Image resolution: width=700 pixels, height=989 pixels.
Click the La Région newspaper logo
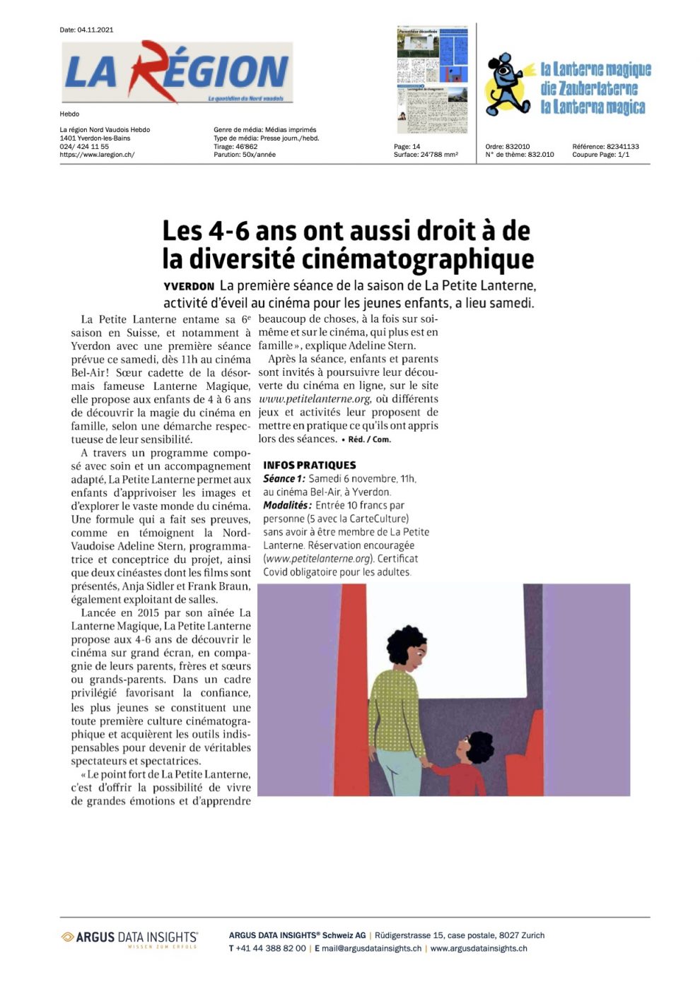pyautogui.click(x=177, y=72)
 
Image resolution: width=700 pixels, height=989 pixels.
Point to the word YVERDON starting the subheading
pyautogui.click(x=189, y=287)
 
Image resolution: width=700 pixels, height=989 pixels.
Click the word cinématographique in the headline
pyautogui.click(x=418, y=259)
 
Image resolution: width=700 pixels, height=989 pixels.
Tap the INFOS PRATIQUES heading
pyautogui.click(x=310, y=465)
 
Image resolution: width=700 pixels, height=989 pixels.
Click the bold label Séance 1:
pyautogui.click(x=284, y=479)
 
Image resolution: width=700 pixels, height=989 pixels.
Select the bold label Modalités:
pyautogui.click(x=287, y=505)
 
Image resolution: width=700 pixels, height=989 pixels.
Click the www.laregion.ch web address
pyautogui.click(x=97, y=155)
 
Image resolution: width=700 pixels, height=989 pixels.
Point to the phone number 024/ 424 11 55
pyautogui.click(x=84, y=147)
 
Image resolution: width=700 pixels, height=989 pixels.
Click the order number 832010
pyautogui.click(x=518, y=147)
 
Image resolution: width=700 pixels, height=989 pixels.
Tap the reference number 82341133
pyautogui.click(x=622, y=147)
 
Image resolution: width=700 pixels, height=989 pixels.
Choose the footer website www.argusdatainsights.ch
pyautogui.click(x=479, y=949)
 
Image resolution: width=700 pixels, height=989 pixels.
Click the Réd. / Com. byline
pyautogui.click(x=367, y=439)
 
